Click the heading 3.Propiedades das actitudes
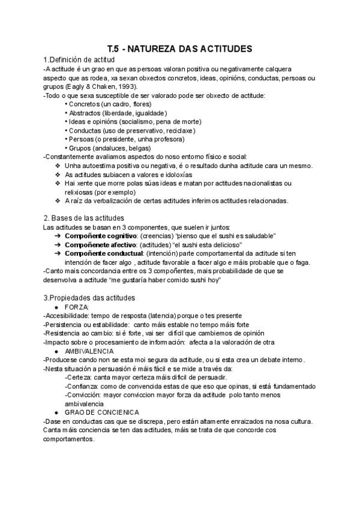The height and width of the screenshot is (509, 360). pos(89,298)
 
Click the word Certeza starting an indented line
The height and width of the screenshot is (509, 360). pos(79,377)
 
